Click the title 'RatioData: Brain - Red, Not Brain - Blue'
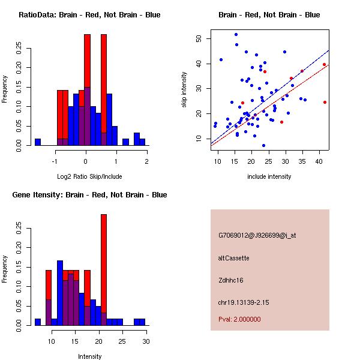pyautogui.click(x=89, y=15)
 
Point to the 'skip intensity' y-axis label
pyautogui.click(x=184, y=90)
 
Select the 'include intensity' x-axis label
pyautogui.click(x=269, y=176)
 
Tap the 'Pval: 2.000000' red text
pyautogui.click(x=239, y=319)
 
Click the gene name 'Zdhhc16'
pyautogui.click(x=231, y=280)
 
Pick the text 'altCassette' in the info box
pyautogui.click(x=233, y=258)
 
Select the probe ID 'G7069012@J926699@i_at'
pyautogui.click(x=257, y=235)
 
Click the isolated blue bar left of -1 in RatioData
pyautogui.click(x=38, y=142)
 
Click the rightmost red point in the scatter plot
pyautogui.click(x=325, y=102)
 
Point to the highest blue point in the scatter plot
pyautogui.click(x=236, y=34)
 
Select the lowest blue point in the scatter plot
pyautogui.click(x=263, y=145)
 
